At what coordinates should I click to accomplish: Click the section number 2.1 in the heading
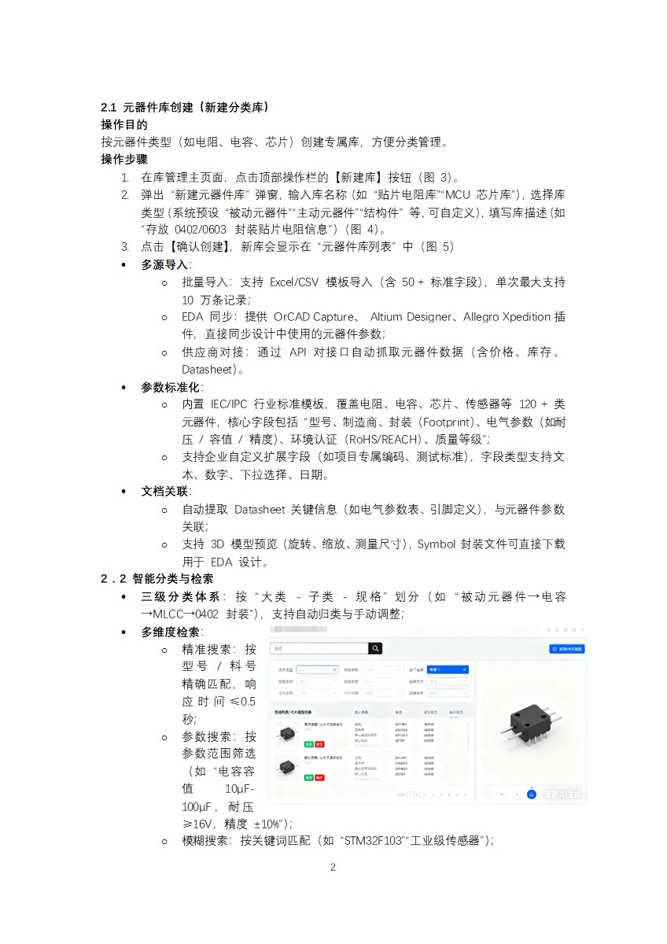click(109, 107)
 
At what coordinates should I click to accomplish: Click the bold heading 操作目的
click(124, 124)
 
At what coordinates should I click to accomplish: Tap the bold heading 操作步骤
click(124, 159)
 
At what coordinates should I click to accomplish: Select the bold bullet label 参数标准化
click(171, 387)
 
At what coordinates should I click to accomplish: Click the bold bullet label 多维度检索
click(171, 632)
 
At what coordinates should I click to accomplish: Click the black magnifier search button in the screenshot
click(376, 648)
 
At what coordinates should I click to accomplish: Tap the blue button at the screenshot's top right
click(566, 649)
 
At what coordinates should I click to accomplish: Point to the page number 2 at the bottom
click(333, 868)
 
